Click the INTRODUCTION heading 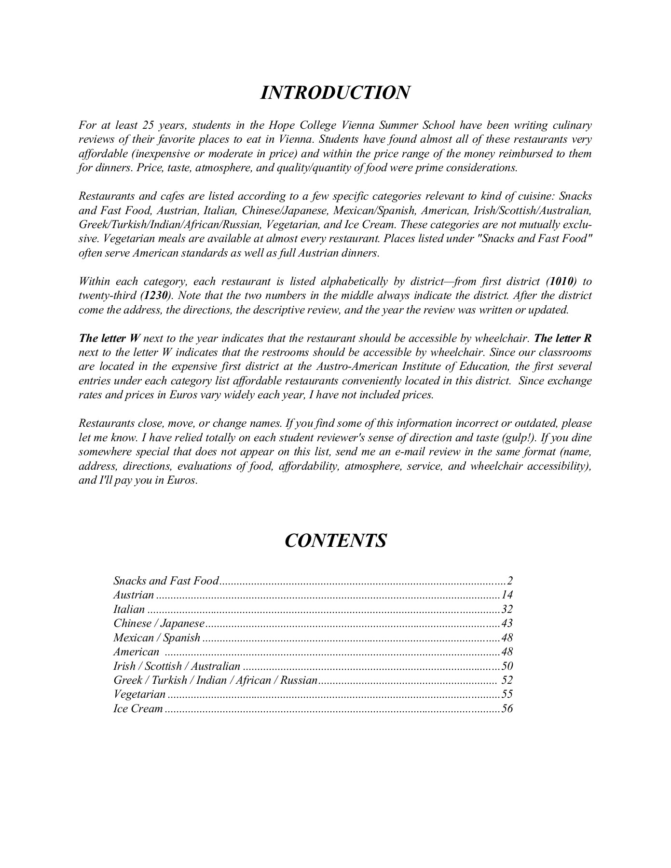click(335, 93)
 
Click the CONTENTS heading click(335, 541)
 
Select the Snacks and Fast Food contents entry click(166, 581)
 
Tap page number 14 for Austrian click(507, 595)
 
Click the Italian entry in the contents click(129, 609)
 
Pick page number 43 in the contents click(507, 623)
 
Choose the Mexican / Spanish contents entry click(157, 637)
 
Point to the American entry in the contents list click(136, 652)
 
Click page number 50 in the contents click(507, 666)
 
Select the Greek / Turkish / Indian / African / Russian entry click(215, 680)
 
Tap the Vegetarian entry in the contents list click(139, 694)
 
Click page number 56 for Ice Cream click(507, 709)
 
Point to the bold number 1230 click(157, 296)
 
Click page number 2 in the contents click(510, 581)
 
